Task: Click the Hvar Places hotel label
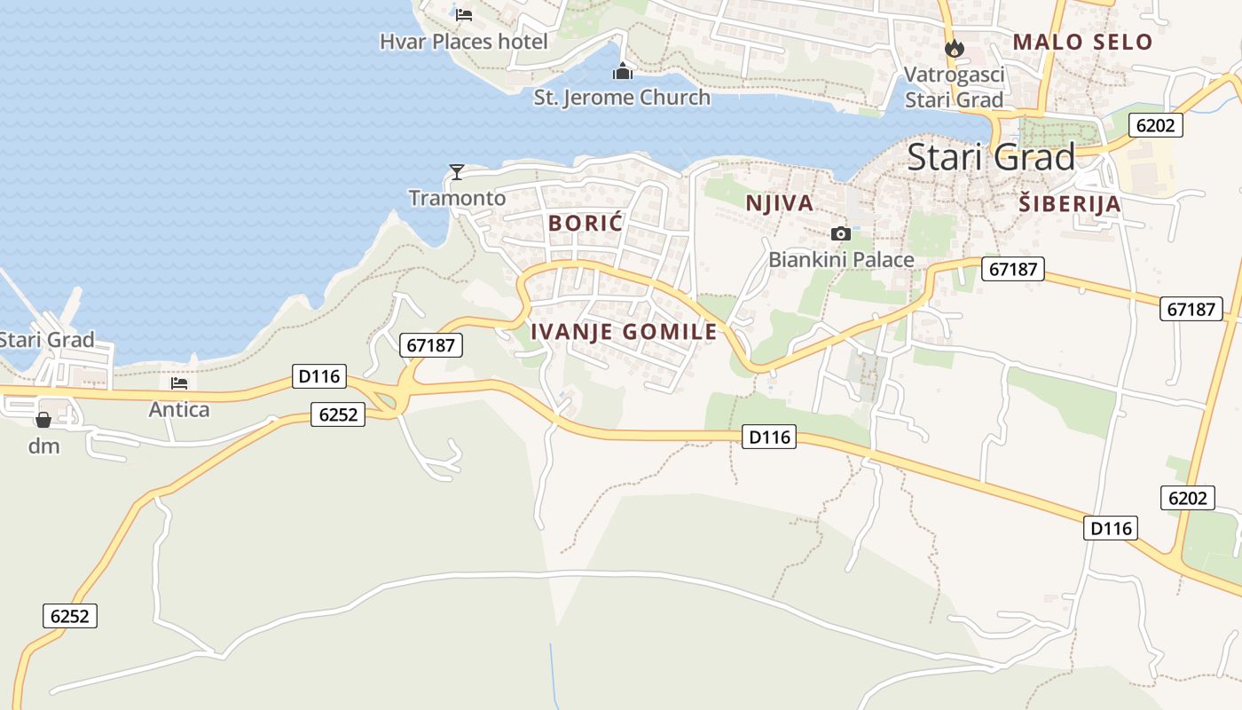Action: (x=463, y=42)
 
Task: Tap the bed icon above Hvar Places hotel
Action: (x=463, y=14)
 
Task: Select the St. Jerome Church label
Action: (x=622, y=98)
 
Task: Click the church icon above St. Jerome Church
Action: (x=623, y=71)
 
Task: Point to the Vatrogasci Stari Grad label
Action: (x=955, y=87)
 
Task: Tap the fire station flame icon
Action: (x=955, y=48)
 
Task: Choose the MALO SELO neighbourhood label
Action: (x=1082, y=42)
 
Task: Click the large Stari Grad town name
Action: (x=991, y=158)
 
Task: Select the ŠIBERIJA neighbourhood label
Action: (x=1070, y=204)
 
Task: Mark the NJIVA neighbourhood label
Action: (x=780, y=203)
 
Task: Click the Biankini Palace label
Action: (x=841, y=260)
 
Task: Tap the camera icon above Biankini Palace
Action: (x=840, y=234)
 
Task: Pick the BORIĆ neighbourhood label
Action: (x=586, y=223)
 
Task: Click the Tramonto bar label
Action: (x=457, y=198)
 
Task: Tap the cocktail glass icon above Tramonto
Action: (x=457, y=171)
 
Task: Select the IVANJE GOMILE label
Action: (x=624, y=332)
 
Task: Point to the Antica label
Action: (x=179, y=410)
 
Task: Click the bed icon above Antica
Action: (x=179, y=383)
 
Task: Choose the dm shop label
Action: (x=43, y=446)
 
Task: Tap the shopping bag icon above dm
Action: (x=43, y=420)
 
